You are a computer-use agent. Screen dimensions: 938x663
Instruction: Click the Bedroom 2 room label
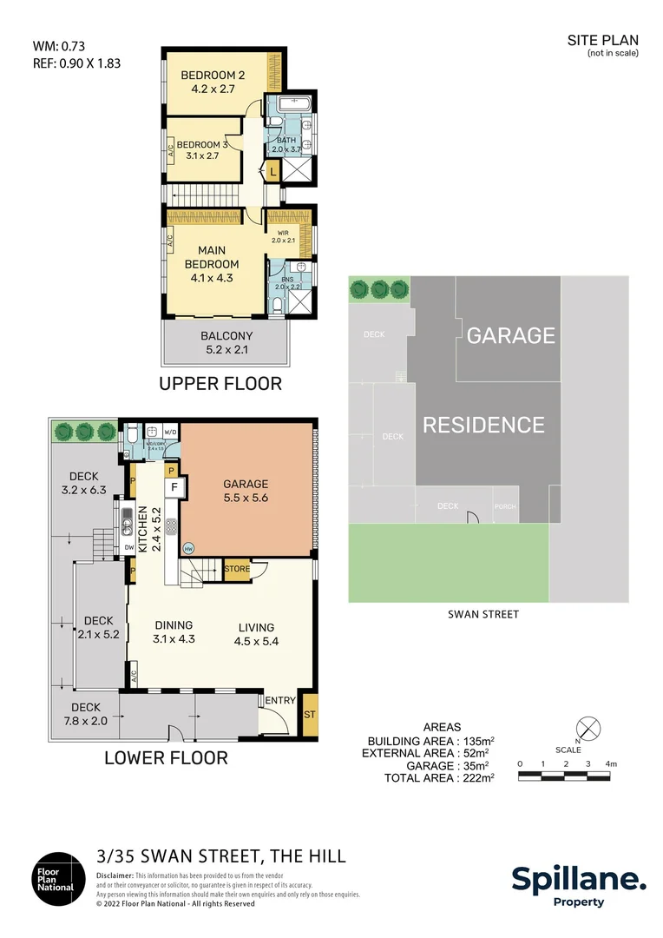click(213, 76)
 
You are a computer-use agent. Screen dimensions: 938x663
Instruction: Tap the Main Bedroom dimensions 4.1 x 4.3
click(212, 279)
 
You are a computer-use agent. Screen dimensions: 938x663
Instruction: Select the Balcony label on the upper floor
click(226, 336)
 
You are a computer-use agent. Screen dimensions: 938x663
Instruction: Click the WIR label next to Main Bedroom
click(283, 234)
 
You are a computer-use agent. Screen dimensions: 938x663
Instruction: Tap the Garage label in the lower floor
click(246, 484)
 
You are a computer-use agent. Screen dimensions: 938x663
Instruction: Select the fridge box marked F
click(174, 488)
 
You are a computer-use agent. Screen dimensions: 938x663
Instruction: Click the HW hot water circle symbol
click(189, 549)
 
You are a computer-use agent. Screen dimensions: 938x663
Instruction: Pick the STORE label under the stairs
click(237, 570)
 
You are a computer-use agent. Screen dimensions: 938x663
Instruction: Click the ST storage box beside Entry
click(310, 714)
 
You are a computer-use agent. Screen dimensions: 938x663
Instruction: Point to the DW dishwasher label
click(129, 548)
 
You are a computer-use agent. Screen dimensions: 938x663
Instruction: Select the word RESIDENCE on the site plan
click(483, 425)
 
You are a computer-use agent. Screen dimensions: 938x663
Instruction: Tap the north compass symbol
click(588, 727)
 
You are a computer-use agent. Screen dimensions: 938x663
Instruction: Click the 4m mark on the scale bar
click(611, 763)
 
